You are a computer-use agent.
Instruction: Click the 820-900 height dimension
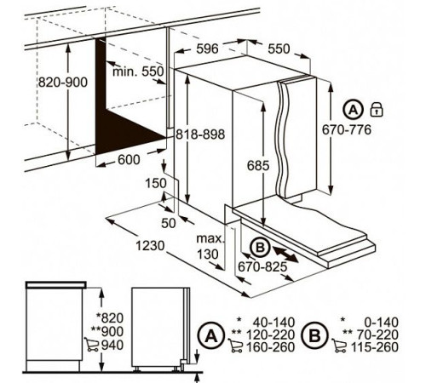click(x=63, y=83)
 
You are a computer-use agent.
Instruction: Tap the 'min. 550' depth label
click(x=138, y=71)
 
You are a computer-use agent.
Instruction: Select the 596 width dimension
click(x=208, y=49)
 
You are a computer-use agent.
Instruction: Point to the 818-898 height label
click(x=200, y=134)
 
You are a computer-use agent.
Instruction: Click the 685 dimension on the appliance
click(x=258, y=165)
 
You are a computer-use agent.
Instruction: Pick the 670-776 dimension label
click(x=347, y=129)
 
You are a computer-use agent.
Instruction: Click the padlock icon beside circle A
click(x=377, y=110)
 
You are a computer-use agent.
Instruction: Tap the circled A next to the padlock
click(x=354, y=110)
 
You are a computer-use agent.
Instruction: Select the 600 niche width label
click(x=129, y=160)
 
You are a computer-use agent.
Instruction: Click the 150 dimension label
click(x=156, y=183)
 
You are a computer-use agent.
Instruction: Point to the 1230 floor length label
click(x=150, y=246)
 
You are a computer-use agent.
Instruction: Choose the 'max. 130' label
click(x=210, y=246)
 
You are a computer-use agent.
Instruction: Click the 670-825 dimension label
click(x=262, y=266)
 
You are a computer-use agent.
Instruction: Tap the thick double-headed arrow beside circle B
click(x=285, y=254)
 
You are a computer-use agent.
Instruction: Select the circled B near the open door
click(x=260, y=248)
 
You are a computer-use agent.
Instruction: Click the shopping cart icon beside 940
click(x=92, y=345)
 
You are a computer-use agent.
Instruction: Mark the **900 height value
click(x=107, y=331)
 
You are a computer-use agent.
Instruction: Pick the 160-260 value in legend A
click(x=270, y=347)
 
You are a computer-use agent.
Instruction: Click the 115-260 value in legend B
click(x=375, y=347)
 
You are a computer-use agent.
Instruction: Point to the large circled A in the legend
click(x=211, y=336)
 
